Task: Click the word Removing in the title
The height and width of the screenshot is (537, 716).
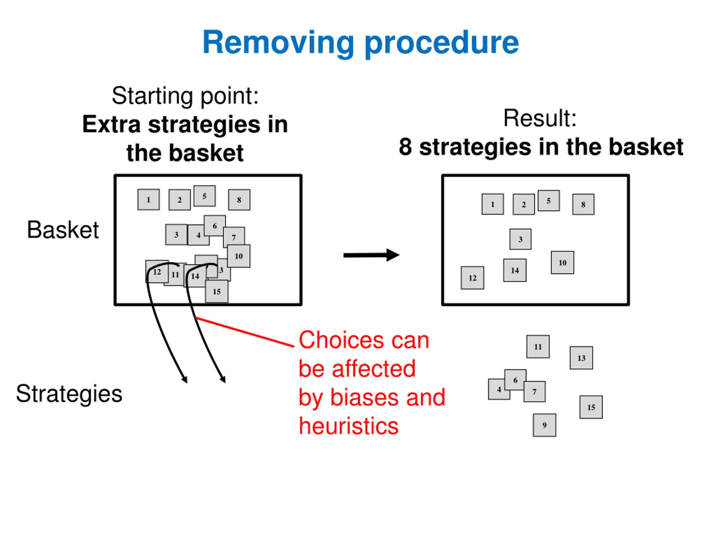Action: coord(278,43)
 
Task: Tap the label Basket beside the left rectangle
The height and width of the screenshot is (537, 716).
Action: coord(63,230)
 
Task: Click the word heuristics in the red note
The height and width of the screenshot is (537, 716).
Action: coord(348,426)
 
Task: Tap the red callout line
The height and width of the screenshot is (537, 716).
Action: coord(244,332)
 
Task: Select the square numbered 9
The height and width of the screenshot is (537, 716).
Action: coord(545,425)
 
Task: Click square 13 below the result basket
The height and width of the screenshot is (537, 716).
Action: coord(581,358)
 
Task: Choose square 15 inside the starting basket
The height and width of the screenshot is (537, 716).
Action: coord(216,292)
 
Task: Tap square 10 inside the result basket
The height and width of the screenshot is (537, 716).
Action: coord(562,263)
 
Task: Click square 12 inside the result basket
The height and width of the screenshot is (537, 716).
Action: coord(473,278)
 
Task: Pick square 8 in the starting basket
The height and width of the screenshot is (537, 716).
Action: coord(239,200)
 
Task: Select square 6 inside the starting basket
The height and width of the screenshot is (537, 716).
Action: coord(215,226)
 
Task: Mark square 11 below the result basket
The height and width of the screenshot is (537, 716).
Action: coord(538,347)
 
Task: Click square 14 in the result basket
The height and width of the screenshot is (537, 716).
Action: coord(515,270)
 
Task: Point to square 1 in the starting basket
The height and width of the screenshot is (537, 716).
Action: coord(149,199)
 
